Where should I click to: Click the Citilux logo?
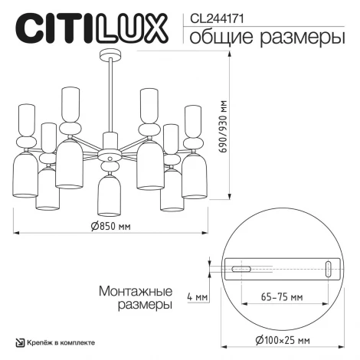point(90,28)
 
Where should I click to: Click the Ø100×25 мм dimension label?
point(274,339)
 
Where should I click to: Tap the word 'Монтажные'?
point(133,291)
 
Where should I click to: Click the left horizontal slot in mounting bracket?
point(241,270)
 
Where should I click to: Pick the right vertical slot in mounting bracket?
point(329,269)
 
